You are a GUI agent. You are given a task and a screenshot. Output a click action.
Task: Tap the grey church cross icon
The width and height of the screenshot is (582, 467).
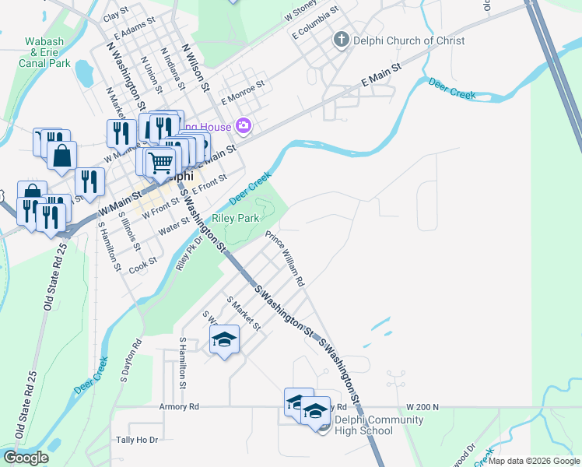341,40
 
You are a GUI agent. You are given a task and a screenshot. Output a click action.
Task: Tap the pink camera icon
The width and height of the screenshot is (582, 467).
244,126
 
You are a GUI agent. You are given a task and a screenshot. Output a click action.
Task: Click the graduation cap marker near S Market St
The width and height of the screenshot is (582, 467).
224,339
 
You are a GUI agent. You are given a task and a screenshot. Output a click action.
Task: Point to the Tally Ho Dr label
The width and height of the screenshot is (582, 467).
136,440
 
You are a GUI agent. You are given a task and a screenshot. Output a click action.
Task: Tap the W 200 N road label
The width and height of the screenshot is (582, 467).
422,407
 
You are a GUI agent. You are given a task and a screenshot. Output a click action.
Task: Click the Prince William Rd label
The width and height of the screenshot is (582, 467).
285,258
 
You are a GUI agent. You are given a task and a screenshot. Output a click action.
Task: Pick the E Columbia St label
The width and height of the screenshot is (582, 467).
315,23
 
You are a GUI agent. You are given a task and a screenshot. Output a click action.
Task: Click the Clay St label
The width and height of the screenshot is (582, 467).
115,14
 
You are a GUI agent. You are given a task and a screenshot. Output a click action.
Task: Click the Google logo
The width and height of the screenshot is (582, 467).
26,458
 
